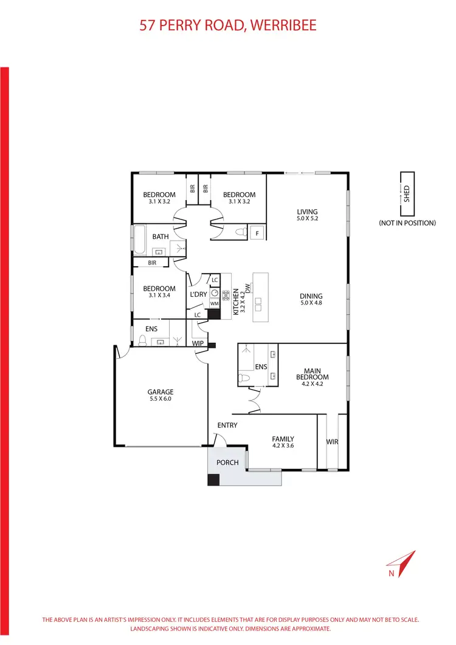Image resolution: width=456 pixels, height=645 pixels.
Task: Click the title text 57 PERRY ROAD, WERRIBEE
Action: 228,26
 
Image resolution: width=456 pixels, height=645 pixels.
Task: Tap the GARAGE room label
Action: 160,392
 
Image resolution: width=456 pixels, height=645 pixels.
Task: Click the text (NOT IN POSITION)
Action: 407,223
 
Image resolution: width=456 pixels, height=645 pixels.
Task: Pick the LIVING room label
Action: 307,212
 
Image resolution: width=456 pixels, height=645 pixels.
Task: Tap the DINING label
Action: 311,297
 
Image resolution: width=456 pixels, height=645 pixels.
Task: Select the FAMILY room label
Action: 283,439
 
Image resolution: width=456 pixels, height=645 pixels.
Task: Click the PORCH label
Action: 227,463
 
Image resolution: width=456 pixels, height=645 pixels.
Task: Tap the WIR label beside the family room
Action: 332,441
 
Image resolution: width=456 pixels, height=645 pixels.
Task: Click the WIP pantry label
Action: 198,343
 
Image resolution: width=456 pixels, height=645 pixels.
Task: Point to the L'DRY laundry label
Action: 198,294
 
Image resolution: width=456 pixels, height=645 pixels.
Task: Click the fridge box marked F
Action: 257,232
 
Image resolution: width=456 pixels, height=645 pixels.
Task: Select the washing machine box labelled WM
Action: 214,303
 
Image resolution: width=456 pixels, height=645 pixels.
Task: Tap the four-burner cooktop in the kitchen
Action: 226,297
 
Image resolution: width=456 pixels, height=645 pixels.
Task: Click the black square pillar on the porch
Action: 213,480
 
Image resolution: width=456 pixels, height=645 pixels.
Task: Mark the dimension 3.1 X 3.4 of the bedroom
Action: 159,296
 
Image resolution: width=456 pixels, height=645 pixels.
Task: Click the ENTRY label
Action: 227,425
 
